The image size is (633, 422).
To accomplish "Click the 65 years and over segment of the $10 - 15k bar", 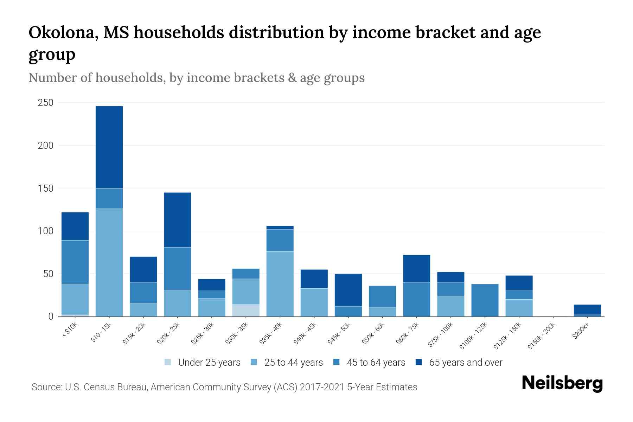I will tap(109, 147).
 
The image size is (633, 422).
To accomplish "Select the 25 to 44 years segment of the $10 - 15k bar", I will tap(109, 262).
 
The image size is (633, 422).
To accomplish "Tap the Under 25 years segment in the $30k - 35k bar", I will tap(246, 310).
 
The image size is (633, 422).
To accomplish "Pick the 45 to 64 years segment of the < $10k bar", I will tap(75, 262).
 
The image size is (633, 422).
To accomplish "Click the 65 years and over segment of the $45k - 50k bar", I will tap(348, 290).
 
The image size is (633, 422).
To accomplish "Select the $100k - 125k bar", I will tap(485, 300).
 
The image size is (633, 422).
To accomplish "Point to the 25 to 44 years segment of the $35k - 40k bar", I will tap(280, 284).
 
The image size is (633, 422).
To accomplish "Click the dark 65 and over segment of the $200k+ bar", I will tap(587, 309).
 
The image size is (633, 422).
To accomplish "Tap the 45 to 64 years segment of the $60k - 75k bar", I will tap(416, 299).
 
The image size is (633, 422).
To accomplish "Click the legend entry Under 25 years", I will tap(209, 363).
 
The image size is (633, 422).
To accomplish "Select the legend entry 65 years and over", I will tap(465, 363).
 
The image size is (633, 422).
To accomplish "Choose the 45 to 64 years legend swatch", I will tap(337, 362).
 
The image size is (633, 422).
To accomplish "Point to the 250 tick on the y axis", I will tap(46, 103).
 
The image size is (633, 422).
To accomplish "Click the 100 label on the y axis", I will tap(46, 231).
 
